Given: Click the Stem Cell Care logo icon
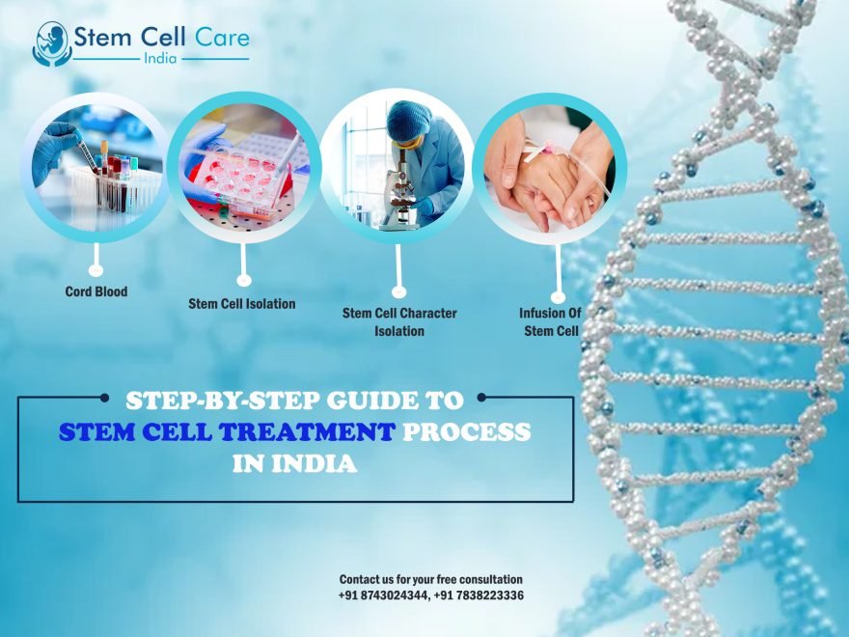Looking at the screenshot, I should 52,43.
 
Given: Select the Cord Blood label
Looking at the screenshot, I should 96,291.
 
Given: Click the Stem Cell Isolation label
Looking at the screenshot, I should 242,304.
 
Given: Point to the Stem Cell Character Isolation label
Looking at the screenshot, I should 399,322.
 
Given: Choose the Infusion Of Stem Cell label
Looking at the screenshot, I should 549,322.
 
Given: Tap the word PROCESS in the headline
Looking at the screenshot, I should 467,431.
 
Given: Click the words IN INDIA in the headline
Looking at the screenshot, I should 294,464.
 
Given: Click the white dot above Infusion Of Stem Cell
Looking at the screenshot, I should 557,298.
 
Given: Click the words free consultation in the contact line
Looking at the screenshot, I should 479,579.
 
